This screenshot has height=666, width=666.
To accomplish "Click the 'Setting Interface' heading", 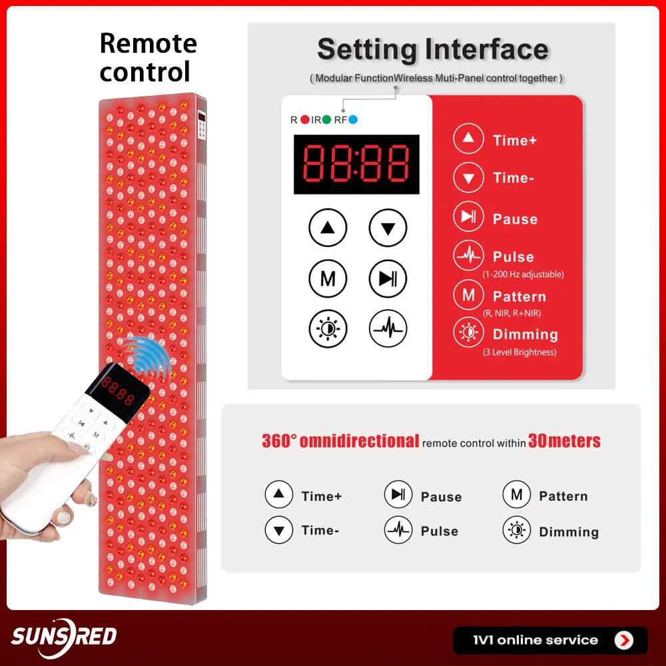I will tap(432, 50).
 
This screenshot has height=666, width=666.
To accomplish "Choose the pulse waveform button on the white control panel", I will tap(388, 328).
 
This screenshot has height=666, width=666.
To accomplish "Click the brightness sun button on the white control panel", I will tap(328, 328).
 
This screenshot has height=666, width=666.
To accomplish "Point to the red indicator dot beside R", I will tap(305, 120).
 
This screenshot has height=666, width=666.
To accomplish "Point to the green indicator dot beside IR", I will tap(326, 120).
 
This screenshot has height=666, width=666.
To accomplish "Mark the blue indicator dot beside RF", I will tap(353, 120).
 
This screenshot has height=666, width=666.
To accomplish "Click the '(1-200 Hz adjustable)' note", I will tap(523, 274).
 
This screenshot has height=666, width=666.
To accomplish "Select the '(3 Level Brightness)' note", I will tap(519, 352).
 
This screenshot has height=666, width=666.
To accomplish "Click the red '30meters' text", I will tap(564, 441).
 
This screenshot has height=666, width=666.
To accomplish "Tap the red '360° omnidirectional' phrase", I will tap(340, 441).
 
